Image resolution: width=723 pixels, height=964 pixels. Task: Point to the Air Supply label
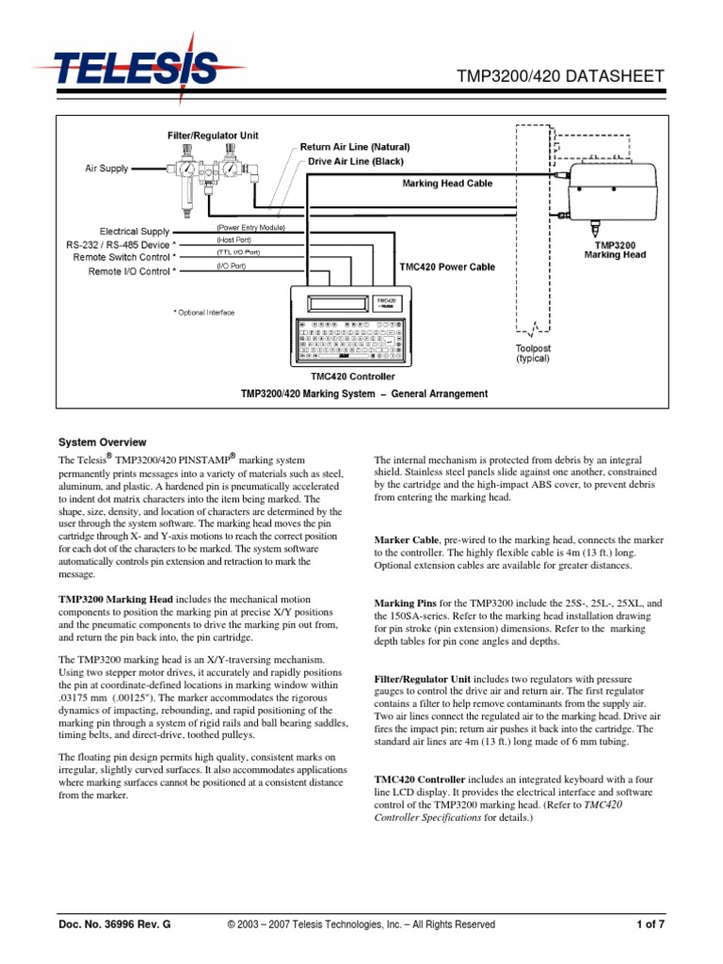[x=106, y=169]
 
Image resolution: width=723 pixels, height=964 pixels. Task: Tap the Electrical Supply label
[x=135, y=231]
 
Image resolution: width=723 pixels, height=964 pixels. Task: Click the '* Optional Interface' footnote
[x=203, y=313]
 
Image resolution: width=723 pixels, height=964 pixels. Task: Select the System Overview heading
[x=103, y=442]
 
